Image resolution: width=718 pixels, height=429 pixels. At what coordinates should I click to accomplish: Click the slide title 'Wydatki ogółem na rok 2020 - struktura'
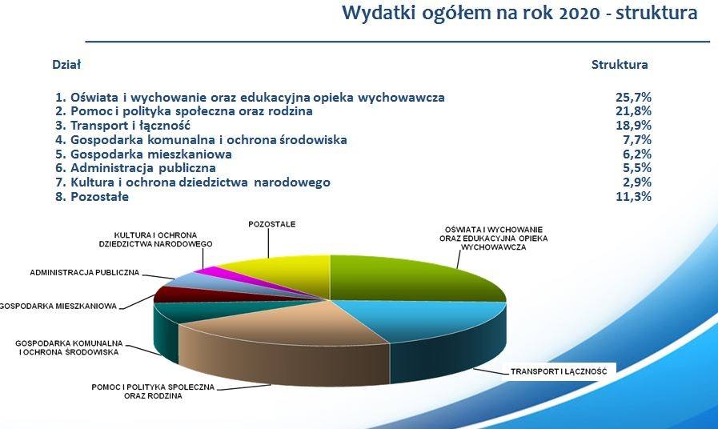pyautogui.click(x=519, y=13)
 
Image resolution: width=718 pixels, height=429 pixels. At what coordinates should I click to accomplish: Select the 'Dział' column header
pyautogui.click(x=66, y=65)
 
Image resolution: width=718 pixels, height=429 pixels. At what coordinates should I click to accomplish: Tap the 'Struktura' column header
pyautogui.click(x=620, y=65)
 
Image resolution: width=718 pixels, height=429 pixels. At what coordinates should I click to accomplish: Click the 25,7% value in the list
pyautogui.click(x=634, y=97)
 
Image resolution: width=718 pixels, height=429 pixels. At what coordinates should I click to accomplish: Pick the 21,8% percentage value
pyautogui.click(x=634, y=111)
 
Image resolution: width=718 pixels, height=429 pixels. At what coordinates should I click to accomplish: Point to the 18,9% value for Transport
pyautogui.click(x=634, y=126)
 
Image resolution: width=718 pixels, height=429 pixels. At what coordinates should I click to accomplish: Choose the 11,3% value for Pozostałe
pyautogui.click(x=634, y=197)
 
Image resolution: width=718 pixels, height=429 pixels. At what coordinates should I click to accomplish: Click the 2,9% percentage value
pyautogui.click(x=637, y=182)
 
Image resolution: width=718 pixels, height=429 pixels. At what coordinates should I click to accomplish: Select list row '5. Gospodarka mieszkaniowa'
pyautogui.click(x=143, y=154)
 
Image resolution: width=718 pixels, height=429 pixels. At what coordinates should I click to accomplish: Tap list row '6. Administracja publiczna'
pyautogui.click(x=135, y=168)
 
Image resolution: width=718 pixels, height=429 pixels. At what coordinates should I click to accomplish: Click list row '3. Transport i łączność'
pyautogui.click(x=122, y=126)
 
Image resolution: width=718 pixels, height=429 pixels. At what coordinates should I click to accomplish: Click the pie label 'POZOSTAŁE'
pyautogui.click(x=272, y=224)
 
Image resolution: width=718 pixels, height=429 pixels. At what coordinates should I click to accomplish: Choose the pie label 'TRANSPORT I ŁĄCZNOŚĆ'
pyautogui.click(x=559, y=371)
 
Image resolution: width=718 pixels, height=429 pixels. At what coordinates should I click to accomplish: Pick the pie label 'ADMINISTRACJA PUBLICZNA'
pyautogui.click(x=85, y=272)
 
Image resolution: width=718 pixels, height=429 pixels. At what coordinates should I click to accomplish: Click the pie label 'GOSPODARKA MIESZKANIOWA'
pyautogui.click(x=58, y=306)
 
